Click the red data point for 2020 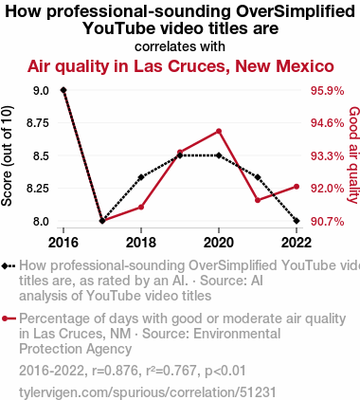click(219, 131)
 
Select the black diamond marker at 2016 click(63, 90)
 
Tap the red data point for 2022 click(297, 187)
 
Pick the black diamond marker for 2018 click(141, 177)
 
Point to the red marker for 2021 click(258, 200)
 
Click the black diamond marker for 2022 click(297, 221)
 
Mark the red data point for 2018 click(141, 208)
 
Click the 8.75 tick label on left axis click(38, 123)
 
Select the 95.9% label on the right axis click(327, 91)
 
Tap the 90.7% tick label click(327, 222)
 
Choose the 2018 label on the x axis click(141, 243)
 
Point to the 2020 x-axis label click(219, 243)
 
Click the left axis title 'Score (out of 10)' click(7, 155)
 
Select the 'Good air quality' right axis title click(354, 155)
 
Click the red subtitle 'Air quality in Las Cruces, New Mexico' click(181, 66)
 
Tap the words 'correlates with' click(180, 46)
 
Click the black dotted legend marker click(9, 266)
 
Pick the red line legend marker click(9, 318)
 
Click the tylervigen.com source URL click(148, 392)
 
